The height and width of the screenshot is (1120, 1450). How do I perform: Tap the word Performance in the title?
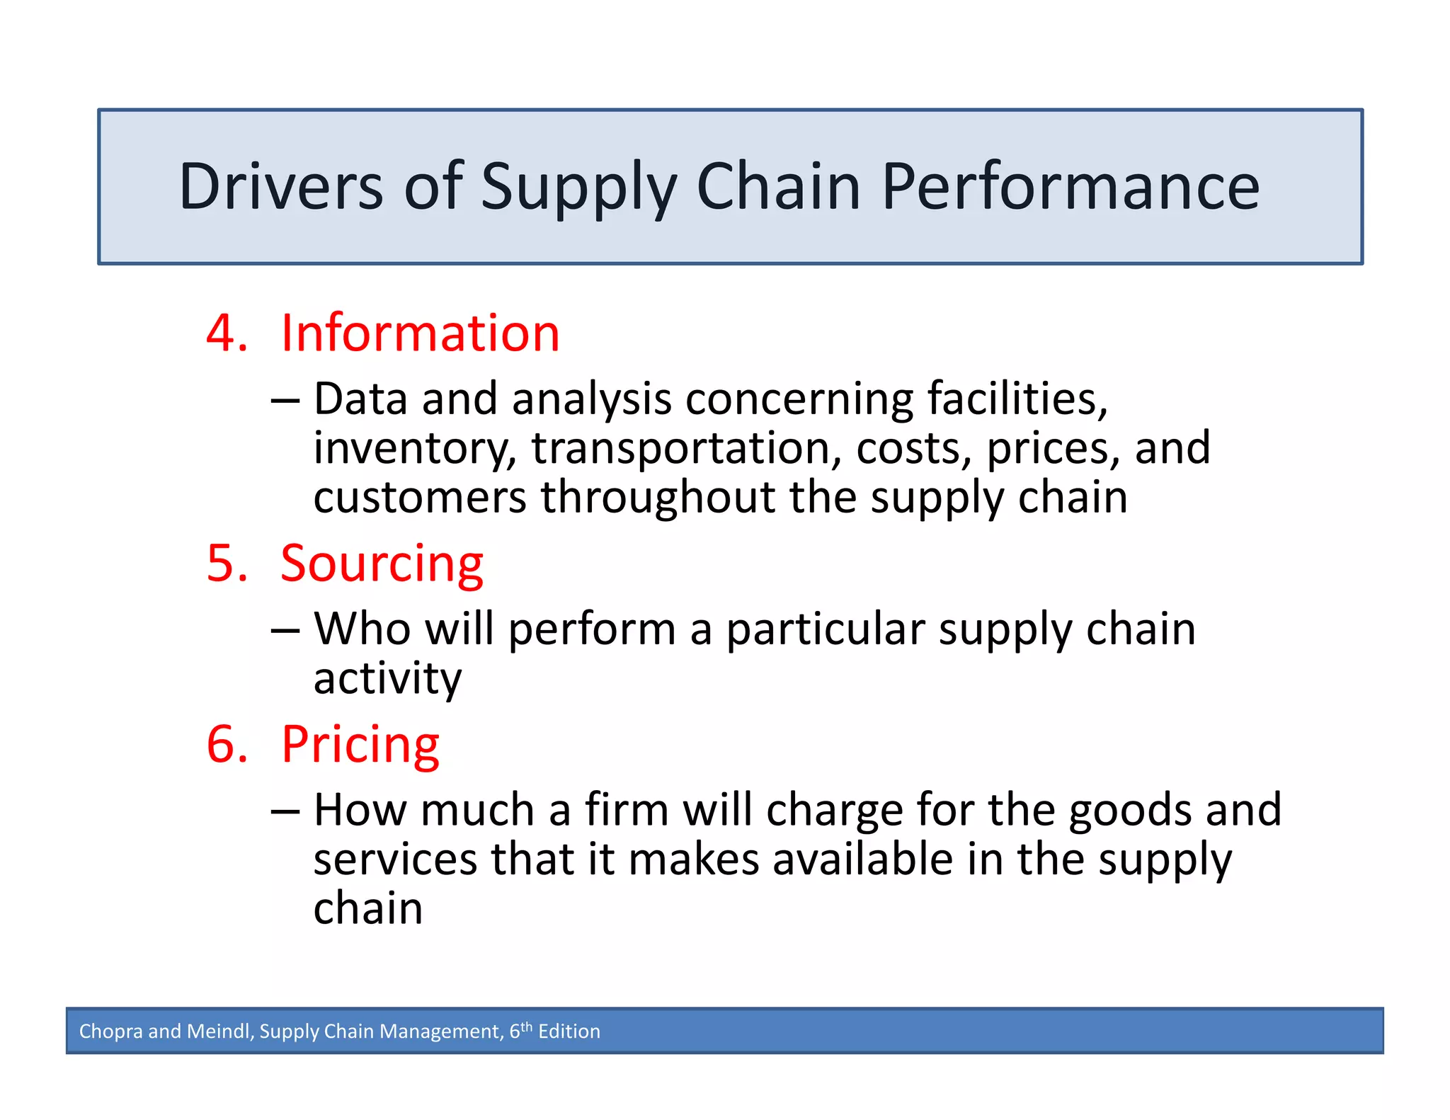point(1070,187)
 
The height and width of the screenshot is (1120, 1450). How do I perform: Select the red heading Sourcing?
point(382,564)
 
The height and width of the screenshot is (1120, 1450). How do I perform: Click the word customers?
point(420,498)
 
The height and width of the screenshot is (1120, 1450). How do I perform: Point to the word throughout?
point(658,498)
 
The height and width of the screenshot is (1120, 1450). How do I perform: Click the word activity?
point(387,678)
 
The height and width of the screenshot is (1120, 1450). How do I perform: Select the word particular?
point(826,629)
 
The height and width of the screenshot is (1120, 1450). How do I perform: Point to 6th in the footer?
point(520,1030)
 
